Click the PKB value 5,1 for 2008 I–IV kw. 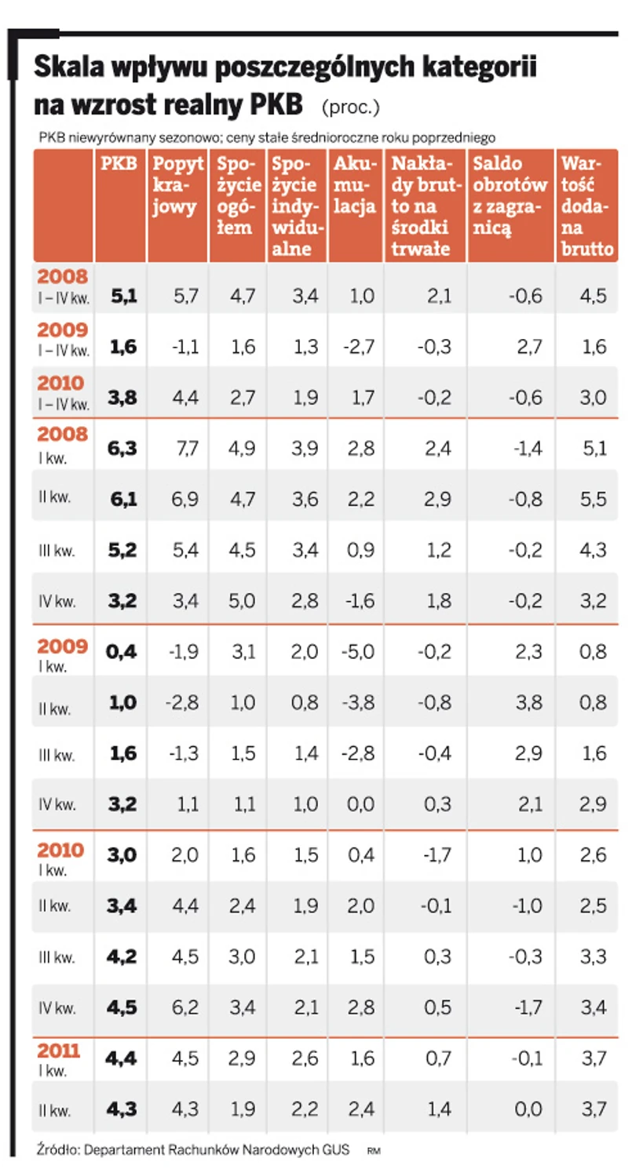click(124, 295)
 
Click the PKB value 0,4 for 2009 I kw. click(122, 652)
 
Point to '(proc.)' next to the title click(351, 105)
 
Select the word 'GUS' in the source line click(336, 1149)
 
